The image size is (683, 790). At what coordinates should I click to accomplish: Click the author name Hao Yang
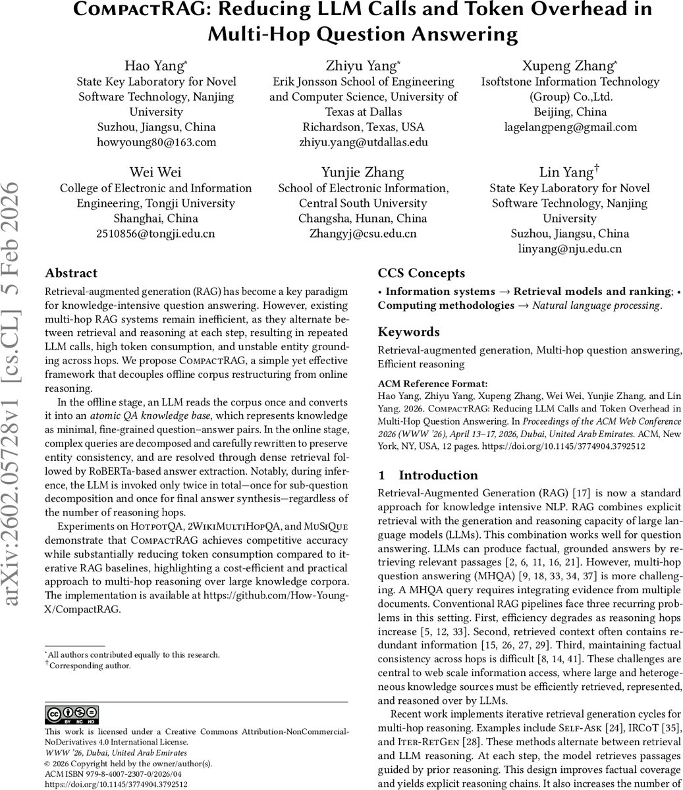pos(155,66)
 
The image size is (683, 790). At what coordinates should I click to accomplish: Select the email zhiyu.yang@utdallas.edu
pos(363,142)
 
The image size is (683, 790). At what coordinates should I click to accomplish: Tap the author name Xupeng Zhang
pos(569,66)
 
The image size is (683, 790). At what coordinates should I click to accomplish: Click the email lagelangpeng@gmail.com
pos(570,127)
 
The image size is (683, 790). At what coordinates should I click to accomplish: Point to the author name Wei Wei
pos(155,172)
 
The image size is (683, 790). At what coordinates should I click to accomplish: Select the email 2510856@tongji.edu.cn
pos(155,233)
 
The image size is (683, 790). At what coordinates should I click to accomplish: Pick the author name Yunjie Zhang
pos(363,172)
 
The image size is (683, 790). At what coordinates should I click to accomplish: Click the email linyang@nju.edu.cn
pos(570,249)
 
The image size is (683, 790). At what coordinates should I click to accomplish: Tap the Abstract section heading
pos(71,273)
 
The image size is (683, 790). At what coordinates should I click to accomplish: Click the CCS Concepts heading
pos(421,273)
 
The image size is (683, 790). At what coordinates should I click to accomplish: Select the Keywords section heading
pos(408,332)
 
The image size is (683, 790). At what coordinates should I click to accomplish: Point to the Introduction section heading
pos(438,475)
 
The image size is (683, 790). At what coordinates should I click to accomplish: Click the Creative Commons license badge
pos(72,715)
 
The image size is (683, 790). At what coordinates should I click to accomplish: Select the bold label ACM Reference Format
pos(433,384)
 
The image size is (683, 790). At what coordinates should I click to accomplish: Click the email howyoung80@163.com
pos(156,142)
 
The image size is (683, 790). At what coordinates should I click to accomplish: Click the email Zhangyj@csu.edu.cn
pos(363,233)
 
